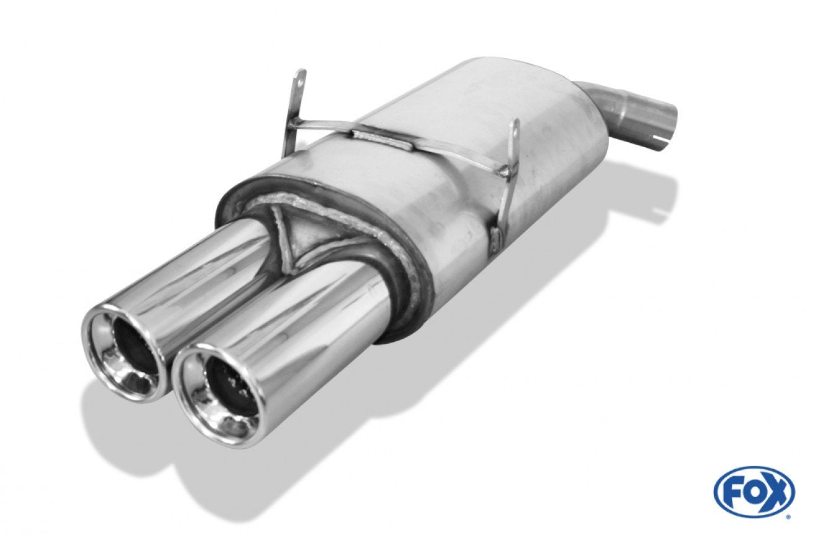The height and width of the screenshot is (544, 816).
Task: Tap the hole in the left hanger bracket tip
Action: tap(300, 83)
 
